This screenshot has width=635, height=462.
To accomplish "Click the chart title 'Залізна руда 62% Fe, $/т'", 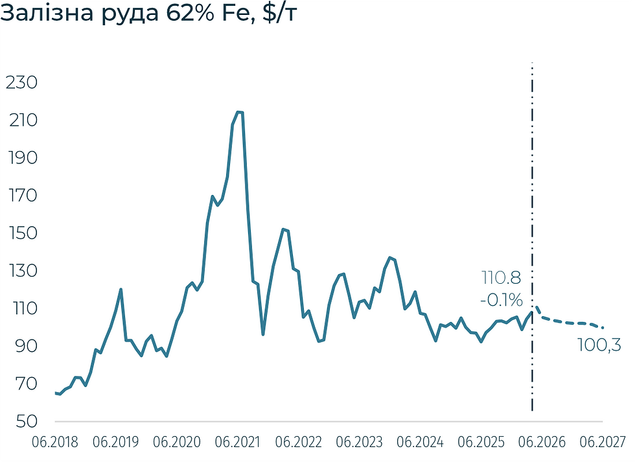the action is tap(148, 14).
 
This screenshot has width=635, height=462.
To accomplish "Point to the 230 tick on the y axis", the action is tap(21, 82).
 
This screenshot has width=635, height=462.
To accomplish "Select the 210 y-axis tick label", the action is tap(23, 121).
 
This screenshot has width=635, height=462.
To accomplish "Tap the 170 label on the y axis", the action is tap(23, 196).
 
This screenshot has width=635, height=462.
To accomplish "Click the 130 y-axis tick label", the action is tap(23, 271).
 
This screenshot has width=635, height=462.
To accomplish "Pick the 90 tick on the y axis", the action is tap(27, 346).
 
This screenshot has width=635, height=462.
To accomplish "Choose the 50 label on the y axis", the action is tap(27, 422).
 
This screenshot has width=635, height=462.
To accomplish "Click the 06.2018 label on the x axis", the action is tap(55, 442).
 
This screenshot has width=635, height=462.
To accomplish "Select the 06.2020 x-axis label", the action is tap(176, 442).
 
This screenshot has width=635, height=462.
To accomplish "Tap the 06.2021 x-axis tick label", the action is tap(237, 442).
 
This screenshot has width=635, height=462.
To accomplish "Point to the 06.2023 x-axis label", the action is tap(359, 442).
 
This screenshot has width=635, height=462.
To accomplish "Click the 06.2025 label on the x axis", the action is tap(481, 442).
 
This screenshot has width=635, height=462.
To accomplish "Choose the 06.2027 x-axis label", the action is tap(603, 442).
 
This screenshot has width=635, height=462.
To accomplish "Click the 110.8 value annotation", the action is tap(502, 278).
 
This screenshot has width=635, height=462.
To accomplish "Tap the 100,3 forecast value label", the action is tap(599, 345).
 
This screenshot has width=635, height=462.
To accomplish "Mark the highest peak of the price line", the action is tap(239, 112).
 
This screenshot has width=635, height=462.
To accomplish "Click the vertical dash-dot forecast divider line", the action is tap(532, 237).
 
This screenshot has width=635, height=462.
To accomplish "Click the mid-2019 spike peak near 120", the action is tap(121, 289).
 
